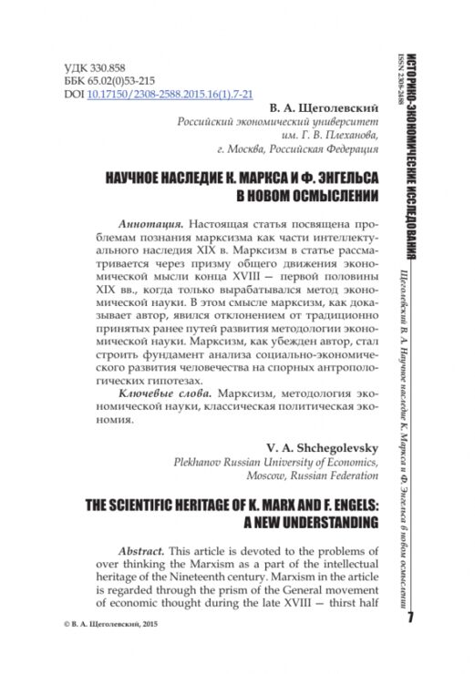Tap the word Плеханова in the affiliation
point(342,148)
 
